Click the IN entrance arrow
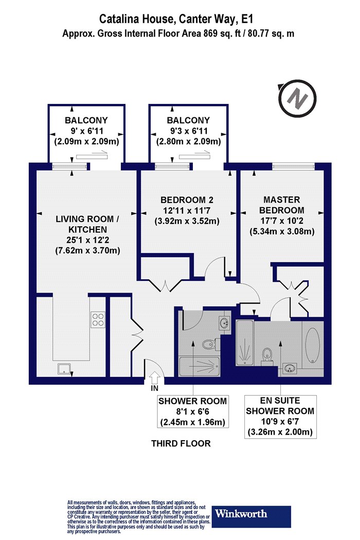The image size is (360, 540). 154,377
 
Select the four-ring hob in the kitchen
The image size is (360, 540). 98,319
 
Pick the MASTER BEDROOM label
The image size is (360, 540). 282,205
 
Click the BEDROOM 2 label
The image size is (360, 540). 187,200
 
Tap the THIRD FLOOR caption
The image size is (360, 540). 181,443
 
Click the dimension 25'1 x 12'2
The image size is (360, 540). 88,240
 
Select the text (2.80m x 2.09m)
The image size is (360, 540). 188,141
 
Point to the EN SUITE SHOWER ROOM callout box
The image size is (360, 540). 280,417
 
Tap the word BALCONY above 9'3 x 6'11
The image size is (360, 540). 188,120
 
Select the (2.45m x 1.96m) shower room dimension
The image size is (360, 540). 192,422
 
